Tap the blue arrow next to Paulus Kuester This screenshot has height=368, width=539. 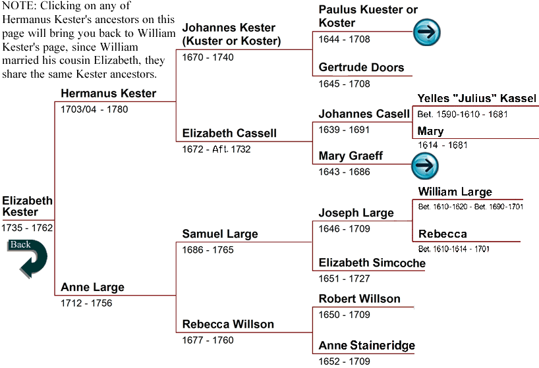426,32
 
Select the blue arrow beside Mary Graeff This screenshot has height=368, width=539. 425,166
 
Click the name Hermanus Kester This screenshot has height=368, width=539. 108,93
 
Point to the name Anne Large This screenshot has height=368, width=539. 92,287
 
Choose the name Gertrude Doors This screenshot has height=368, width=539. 361,67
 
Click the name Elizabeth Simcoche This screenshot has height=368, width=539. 372,263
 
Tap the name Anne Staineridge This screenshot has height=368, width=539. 367,346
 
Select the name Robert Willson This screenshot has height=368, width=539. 360,299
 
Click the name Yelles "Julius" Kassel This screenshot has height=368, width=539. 477,99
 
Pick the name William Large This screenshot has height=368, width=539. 455,192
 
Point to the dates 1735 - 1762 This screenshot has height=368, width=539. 27,228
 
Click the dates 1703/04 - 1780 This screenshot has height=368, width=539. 94,109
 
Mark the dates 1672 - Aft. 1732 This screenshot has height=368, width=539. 216,149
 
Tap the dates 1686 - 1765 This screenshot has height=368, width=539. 208,250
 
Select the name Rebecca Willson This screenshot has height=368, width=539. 228,324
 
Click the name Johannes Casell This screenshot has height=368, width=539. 364,114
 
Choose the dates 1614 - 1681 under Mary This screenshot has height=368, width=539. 442,145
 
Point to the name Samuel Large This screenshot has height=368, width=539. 220,234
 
